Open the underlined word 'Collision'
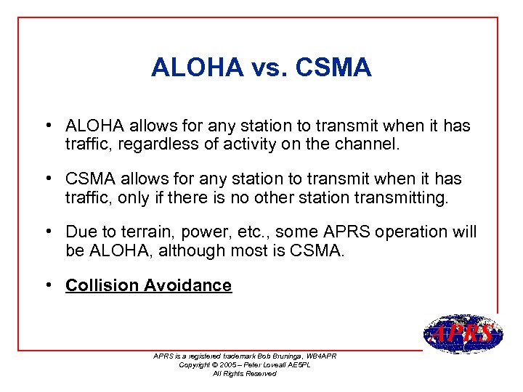(x=102, y=285)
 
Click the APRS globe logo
(x=462, y=334)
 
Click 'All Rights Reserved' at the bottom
(x=244, y=373)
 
